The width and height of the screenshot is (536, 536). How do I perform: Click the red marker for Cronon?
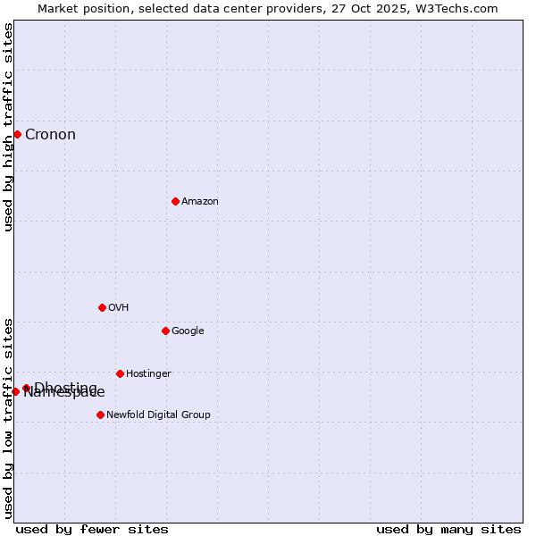coord(17,134)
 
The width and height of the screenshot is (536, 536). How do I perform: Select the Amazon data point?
coord(175,201)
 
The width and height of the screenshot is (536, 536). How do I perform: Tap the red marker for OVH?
coord(102,307)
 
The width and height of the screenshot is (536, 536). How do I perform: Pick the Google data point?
coord(165,331)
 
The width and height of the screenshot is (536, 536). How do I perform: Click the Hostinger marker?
coord(120,373)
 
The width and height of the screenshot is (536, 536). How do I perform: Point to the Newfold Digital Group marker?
coord(100,415)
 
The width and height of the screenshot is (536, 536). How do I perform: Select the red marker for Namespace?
coord(15,391)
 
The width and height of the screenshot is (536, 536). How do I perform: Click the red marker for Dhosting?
coord(26,388)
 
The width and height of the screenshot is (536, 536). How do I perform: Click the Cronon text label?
coord(50,135)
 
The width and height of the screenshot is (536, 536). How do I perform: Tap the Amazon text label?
coord(199,202)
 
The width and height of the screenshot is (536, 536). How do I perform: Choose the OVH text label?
coord(118,308)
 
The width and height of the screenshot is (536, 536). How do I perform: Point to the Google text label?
coord(188,331)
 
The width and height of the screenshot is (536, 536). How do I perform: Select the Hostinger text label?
coord(148,374)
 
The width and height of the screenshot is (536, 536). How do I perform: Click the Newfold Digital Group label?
coord(158,415)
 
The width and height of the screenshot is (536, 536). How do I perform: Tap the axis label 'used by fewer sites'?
coord(92,529)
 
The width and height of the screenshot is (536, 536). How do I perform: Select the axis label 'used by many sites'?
coord(448,529)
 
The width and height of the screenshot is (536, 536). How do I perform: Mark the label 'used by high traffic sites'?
coord(9,127)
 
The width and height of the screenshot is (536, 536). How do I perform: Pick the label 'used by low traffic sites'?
coord(9,418)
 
